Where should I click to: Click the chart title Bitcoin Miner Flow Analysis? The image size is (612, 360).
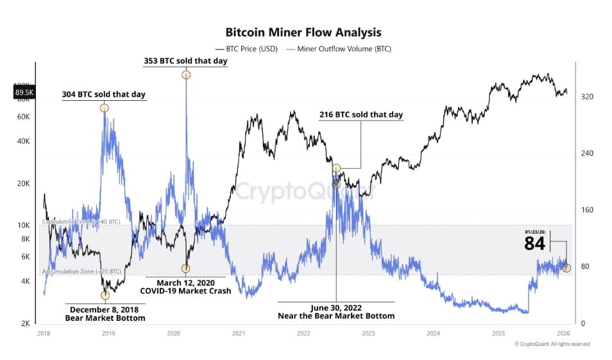(x=303, y=32)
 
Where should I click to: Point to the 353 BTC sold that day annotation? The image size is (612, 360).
(x=185, y=62)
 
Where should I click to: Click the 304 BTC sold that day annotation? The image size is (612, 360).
(x=103, y=94)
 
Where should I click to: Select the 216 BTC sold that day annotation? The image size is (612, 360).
(x=361, y=115)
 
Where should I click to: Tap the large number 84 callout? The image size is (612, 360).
(x=534, y=244)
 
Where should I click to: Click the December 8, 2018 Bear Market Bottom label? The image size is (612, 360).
(x=105, y=313)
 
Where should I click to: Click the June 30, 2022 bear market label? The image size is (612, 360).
(x=336, y=311)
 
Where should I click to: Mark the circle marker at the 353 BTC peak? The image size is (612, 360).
(x=186, y=75)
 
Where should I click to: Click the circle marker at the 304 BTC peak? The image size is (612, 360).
(x=104, y=108)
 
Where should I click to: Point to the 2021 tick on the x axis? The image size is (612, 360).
(x=238, y=333)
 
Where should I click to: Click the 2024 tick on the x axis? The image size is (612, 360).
(x=433, y=333)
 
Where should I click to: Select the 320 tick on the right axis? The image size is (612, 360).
(x=587, y=97)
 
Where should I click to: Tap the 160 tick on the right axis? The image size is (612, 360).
(x=587, y=210)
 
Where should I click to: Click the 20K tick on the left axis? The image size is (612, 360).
(x=24, y=184)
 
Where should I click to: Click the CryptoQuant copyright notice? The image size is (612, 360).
(x=552, y=344)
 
